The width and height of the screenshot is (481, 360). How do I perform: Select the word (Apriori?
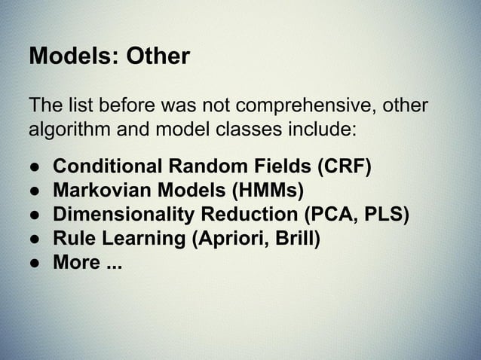tap(226, 239)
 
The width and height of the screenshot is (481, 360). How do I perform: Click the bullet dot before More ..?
tap(35, 263)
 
